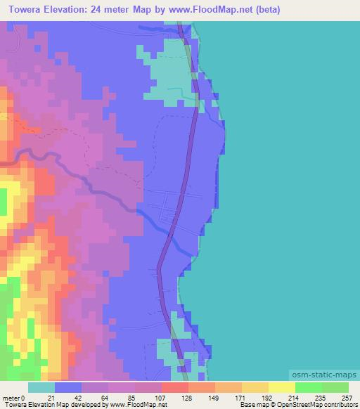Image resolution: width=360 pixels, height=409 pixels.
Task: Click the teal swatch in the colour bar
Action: coord(41,387)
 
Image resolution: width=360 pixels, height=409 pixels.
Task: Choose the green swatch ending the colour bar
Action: coord(335,387)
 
